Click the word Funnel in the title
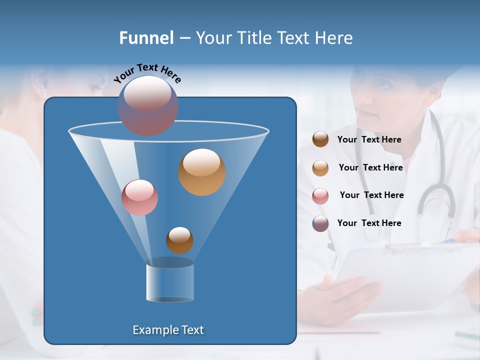pos(146,38)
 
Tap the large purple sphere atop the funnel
pos(147,105)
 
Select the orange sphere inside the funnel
pos(201,171)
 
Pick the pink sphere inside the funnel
pos(139,197)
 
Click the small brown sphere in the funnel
pos(179,240)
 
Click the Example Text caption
pos(168,330)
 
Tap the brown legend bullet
pos(320,139)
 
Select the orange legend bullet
pos(320,168)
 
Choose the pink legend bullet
pos(320,195)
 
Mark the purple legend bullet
pos(320,223)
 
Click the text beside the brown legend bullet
pos(369,140)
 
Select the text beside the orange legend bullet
pos(370,168)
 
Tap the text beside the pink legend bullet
pos(371,195)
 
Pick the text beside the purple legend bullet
pos(369,223)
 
